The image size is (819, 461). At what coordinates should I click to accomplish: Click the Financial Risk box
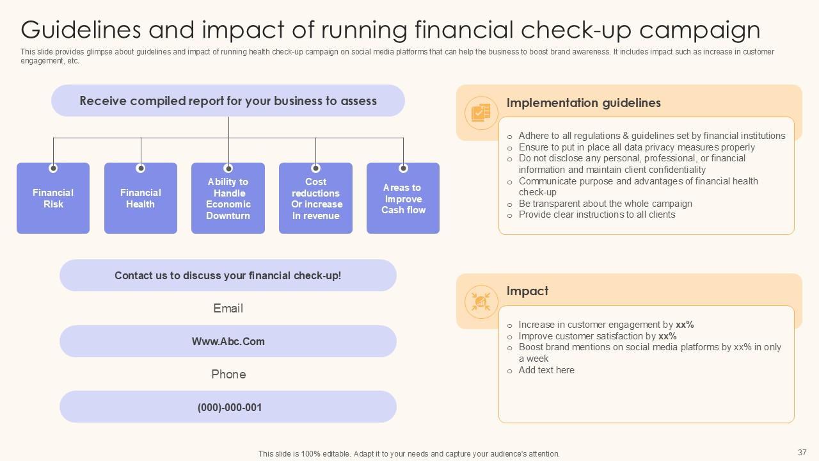[x=53, y=198]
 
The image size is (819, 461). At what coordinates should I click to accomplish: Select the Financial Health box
[x=141, y=198]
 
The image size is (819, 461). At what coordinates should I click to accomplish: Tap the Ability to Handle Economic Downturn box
[x=228, y=199]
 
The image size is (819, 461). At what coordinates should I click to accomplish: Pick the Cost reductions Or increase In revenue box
[x=315, y=199]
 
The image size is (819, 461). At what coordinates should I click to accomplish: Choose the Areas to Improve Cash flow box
[x=403, y=199]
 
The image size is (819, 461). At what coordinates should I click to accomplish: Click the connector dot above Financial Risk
[x=53, y=168]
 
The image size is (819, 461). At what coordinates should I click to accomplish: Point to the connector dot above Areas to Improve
[x=403, y=168]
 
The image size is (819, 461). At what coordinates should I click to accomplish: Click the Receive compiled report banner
[x=228, y=101]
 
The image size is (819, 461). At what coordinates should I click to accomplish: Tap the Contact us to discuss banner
[x=228, y=275]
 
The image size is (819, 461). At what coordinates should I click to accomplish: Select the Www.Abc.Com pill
[x=228, y=341]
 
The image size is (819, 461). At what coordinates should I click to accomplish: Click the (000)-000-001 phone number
[x=229, y=407]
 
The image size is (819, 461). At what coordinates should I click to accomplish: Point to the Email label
[x=228, y=309]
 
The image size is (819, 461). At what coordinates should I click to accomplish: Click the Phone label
[x=228, y=375]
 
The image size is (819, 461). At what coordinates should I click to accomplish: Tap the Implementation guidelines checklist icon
[x=481, y=113]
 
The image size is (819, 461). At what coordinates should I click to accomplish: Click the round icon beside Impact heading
[x=481, y=302]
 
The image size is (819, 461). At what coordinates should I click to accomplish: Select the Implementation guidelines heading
[x=584, y=103]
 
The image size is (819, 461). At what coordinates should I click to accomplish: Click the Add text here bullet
[x=546, y=370]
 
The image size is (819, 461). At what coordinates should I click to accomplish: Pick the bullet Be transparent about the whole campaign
[x=605, y=204]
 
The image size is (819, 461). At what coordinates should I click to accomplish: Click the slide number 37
[x=802, y=453]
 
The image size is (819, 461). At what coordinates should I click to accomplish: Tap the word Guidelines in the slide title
[x=81, y=30]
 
